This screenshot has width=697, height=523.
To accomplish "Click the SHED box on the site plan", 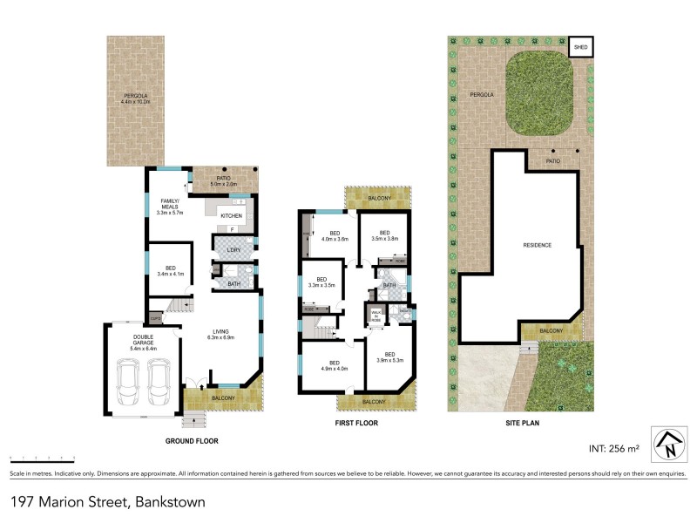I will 579,44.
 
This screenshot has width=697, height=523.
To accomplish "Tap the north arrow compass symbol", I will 667,444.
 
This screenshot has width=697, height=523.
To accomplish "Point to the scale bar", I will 41,457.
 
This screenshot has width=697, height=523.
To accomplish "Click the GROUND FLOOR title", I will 192,441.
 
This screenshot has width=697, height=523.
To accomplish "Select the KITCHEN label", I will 231,215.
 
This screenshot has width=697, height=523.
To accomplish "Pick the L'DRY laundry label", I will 233,250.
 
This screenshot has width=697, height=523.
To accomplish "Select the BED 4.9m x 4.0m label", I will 333,365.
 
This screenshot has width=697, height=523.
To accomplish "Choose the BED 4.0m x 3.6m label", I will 335,236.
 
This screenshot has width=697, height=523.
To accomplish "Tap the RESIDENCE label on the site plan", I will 536,245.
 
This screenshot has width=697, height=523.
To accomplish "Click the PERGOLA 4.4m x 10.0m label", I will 135,98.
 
